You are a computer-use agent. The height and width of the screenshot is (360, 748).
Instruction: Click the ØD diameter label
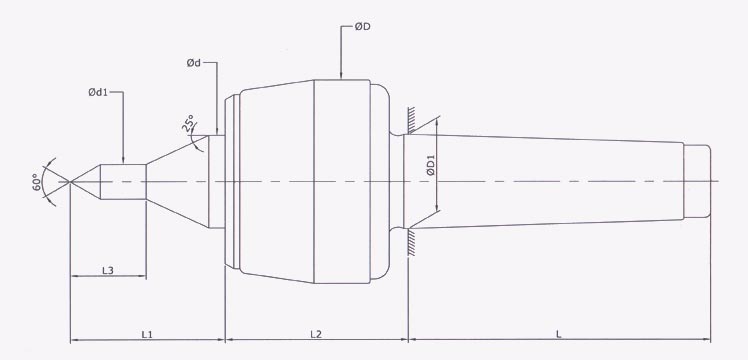pos(361,26)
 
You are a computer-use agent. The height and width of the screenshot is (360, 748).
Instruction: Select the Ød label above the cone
pos(194,64)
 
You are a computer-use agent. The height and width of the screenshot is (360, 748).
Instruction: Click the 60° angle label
pos(35,181)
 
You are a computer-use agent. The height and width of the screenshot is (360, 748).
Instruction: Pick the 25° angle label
pos(187,126)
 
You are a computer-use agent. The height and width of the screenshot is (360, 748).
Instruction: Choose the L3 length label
pos(109,271)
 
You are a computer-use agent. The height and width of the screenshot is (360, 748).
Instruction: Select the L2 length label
pos(315,332)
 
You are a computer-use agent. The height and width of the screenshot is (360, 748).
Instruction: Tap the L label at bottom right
pos(558,332)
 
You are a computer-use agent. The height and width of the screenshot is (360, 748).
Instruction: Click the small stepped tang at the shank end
pos(698,181)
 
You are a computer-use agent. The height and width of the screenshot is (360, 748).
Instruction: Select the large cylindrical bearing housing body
pos(310,180)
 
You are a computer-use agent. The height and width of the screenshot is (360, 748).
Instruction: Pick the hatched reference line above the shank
pos(410,120)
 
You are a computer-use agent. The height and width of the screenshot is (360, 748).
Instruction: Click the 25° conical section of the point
pos(180,181)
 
